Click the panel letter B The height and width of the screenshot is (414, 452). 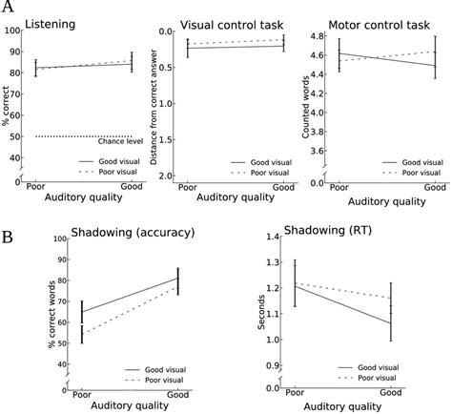point(9,232)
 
